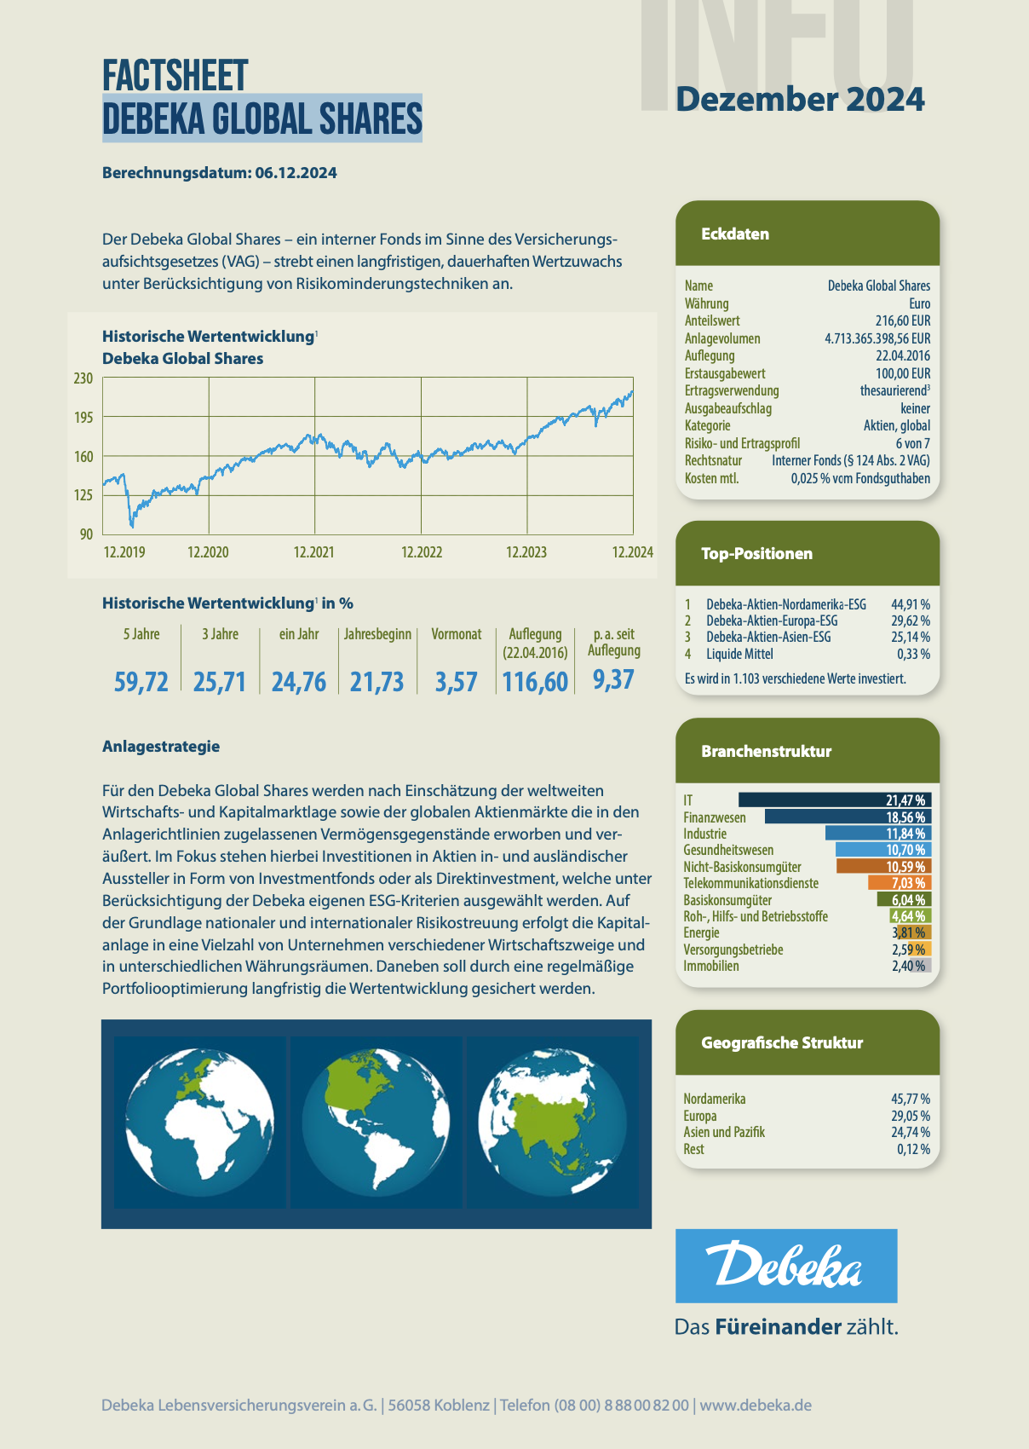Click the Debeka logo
coord(785,1265)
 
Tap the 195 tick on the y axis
coord(83,418)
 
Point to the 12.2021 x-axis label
coord(313,552)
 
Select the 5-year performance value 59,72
coord(141,682)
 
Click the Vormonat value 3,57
coord(456,682)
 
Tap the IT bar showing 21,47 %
coord(835,800)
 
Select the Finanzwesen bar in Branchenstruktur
coord(848,817)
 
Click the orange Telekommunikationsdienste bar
coord(899,884)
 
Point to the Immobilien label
coord(711,967)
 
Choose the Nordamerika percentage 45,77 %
coord(911,1100)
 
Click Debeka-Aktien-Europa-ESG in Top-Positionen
coord(772,621)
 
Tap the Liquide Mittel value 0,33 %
coord(913,655)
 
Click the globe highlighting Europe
coord(200,1121)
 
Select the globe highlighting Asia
coord(552,1121)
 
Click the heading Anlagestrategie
coord(161,747)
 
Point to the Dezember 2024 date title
coord(800,100)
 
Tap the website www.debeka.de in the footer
coord(756,1406)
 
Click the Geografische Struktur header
coord(782,1043)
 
